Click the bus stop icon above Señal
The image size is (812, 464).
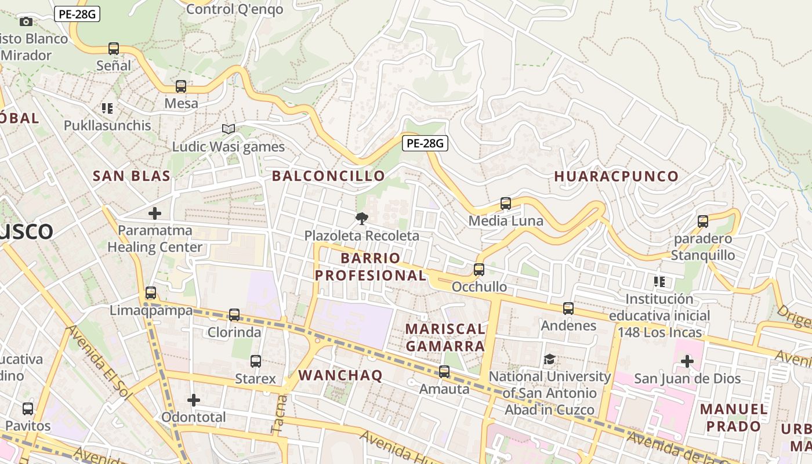pos(114,49)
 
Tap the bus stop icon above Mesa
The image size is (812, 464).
pos(181,87)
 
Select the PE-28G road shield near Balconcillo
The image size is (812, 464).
pos(425,143)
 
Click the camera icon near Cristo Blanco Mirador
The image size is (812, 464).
pos(26,22)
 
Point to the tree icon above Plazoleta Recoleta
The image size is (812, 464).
pos(362,219)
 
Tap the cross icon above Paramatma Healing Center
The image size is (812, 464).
pos(155,213)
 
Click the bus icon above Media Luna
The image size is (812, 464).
pos(506,204)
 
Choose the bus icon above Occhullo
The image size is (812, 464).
pos(479,270)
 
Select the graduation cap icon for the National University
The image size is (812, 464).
pos(549,360)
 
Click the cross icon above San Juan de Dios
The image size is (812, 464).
pos(687,362)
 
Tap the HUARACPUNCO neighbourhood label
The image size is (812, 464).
pos(616,176)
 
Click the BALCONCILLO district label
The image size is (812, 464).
pos(328,176)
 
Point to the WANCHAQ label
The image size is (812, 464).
pos(340,375)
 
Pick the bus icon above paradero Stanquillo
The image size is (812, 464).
pos(703,221)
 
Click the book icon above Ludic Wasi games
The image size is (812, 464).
pos(229,129)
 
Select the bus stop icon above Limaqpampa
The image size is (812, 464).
pos(151,293)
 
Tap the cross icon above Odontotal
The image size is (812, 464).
pos(194,400)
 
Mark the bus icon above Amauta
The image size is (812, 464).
pos(444,372)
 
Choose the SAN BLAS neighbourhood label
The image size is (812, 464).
pos(132,176)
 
